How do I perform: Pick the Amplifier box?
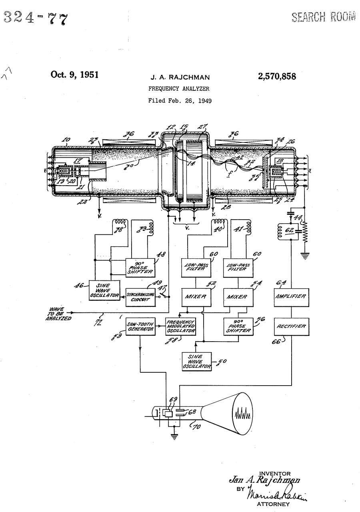tap(292, 296)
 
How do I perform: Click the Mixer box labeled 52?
tap(196, 297)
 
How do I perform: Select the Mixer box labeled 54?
tap(237, 297)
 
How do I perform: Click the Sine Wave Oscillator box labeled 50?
tap(196, 361)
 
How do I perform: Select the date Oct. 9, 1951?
tap(74, 74)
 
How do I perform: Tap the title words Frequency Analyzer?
tap(179, 89)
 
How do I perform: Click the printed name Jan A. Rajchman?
tap(264, 480)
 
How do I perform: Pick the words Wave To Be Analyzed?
tap(58, 313)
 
